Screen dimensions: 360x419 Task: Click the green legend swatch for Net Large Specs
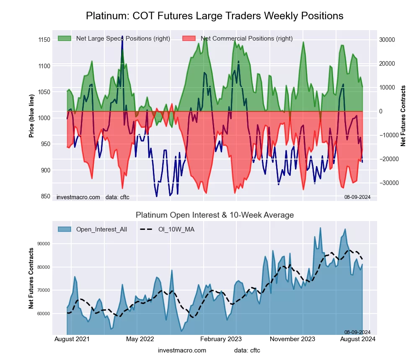click(65, 39)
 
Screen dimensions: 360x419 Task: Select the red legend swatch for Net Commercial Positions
click(189, 39)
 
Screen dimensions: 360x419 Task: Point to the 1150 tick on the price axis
click(44, 40)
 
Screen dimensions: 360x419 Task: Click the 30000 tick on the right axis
click(387, 40)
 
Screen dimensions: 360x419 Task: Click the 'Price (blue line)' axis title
click(31, 114)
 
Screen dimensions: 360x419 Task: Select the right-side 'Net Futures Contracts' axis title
click(403, 116)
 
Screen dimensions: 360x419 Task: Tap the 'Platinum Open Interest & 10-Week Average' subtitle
click(215, 215)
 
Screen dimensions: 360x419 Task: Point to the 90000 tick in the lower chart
click(44, 244)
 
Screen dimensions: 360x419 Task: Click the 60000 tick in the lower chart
click(44, 314)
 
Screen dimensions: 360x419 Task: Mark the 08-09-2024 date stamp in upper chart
click(357, 197)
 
